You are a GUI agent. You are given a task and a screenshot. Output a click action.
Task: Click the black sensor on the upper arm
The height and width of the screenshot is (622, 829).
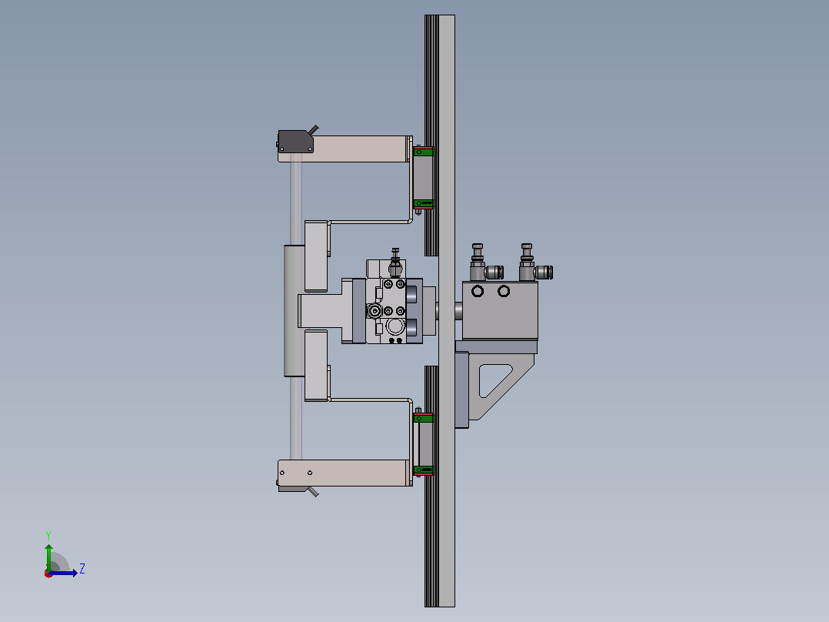pos(295,142)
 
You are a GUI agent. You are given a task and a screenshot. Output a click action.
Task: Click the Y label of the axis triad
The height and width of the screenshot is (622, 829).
pos(48,535)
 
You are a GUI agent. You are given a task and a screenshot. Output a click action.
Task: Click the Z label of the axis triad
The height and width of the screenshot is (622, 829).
pos(82,569)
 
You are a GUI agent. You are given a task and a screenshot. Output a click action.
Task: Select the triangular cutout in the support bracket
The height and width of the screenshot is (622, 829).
pos(494,380)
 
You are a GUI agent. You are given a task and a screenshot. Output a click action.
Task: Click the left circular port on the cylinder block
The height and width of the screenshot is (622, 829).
pos(478,291)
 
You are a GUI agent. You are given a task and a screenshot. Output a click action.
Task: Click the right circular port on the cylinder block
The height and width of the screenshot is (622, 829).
pos(504,291)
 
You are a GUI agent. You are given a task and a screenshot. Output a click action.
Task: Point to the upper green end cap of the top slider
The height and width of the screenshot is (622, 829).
pos(423,152)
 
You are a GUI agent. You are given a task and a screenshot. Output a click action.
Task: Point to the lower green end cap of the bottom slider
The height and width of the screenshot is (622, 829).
pos(423,470)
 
